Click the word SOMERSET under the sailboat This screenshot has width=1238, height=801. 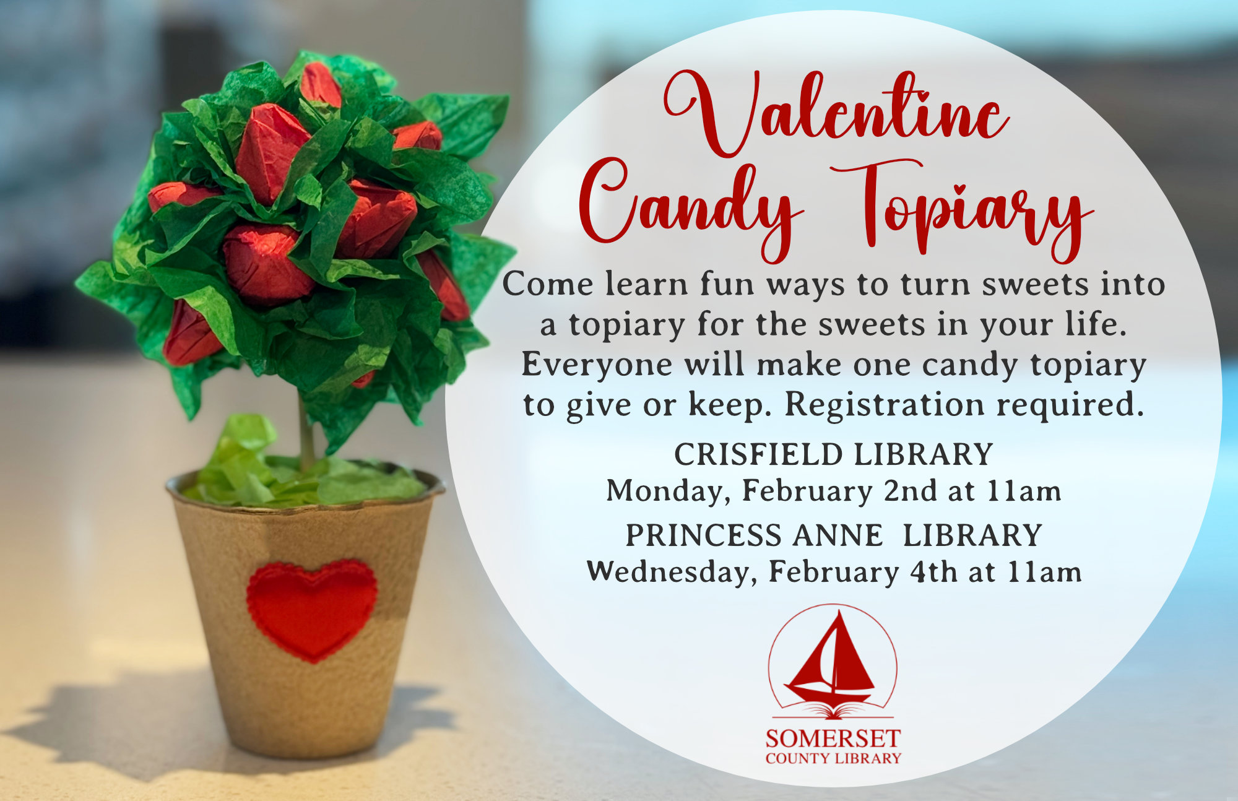833,738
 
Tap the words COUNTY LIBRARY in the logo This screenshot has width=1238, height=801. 833,759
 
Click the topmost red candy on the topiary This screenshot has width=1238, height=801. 321,84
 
